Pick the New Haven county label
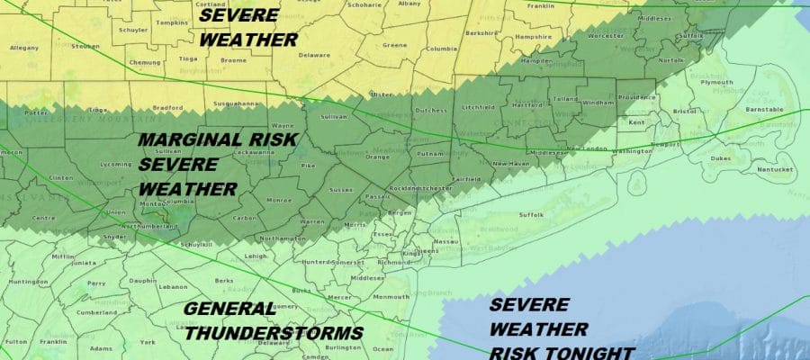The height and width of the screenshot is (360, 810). (509, 164)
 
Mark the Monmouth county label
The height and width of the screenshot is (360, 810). (390, 296)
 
